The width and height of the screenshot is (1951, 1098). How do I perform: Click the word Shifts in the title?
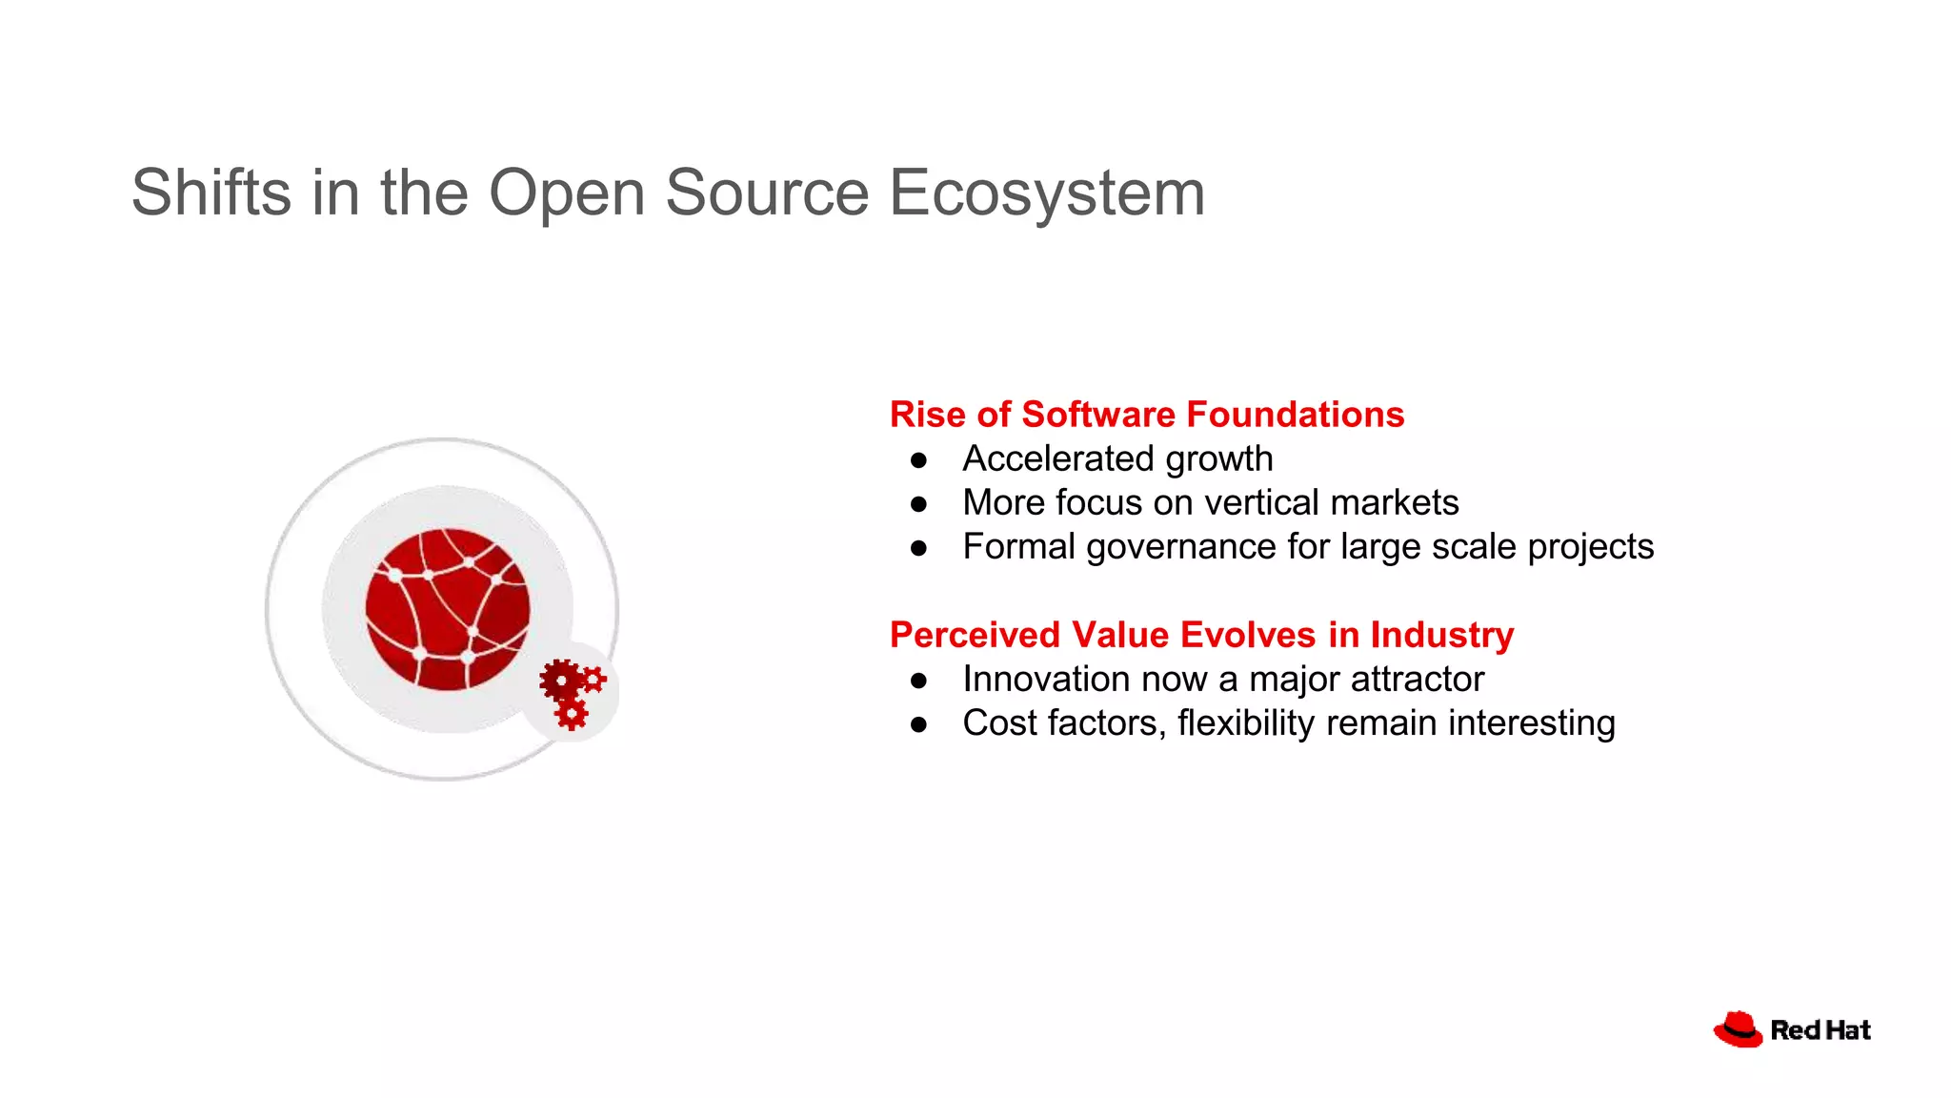(x=211, y=193)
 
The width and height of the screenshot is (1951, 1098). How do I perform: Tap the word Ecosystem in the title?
(x=1047, y=193)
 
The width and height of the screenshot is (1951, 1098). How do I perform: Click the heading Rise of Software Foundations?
(x=1146, y=415)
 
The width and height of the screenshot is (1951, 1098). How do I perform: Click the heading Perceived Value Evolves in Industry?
(x=1200, y=635)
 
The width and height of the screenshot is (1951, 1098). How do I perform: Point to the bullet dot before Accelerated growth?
(x=918, y=460)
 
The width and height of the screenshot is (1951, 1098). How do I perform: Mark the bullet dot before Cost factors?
(x=918, y=724)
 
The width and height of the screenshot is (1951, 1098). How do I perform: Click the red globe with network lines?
(x=447, y=609)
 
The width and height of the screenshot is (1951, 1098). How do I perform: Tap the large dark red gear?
(x=560, y=681)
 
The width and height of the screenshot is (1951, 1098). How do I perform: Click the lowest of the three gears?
(x=572, y=713)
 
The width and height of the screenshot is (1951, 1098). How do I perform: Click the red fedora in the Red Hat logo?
(x=1738, y=1029)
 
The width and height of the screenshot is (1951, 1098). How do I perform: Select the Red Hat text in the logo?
(x=1820, y=1030)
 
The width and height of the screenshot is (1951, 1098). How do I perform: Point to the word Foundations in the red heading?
(x=1296, y=415)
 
